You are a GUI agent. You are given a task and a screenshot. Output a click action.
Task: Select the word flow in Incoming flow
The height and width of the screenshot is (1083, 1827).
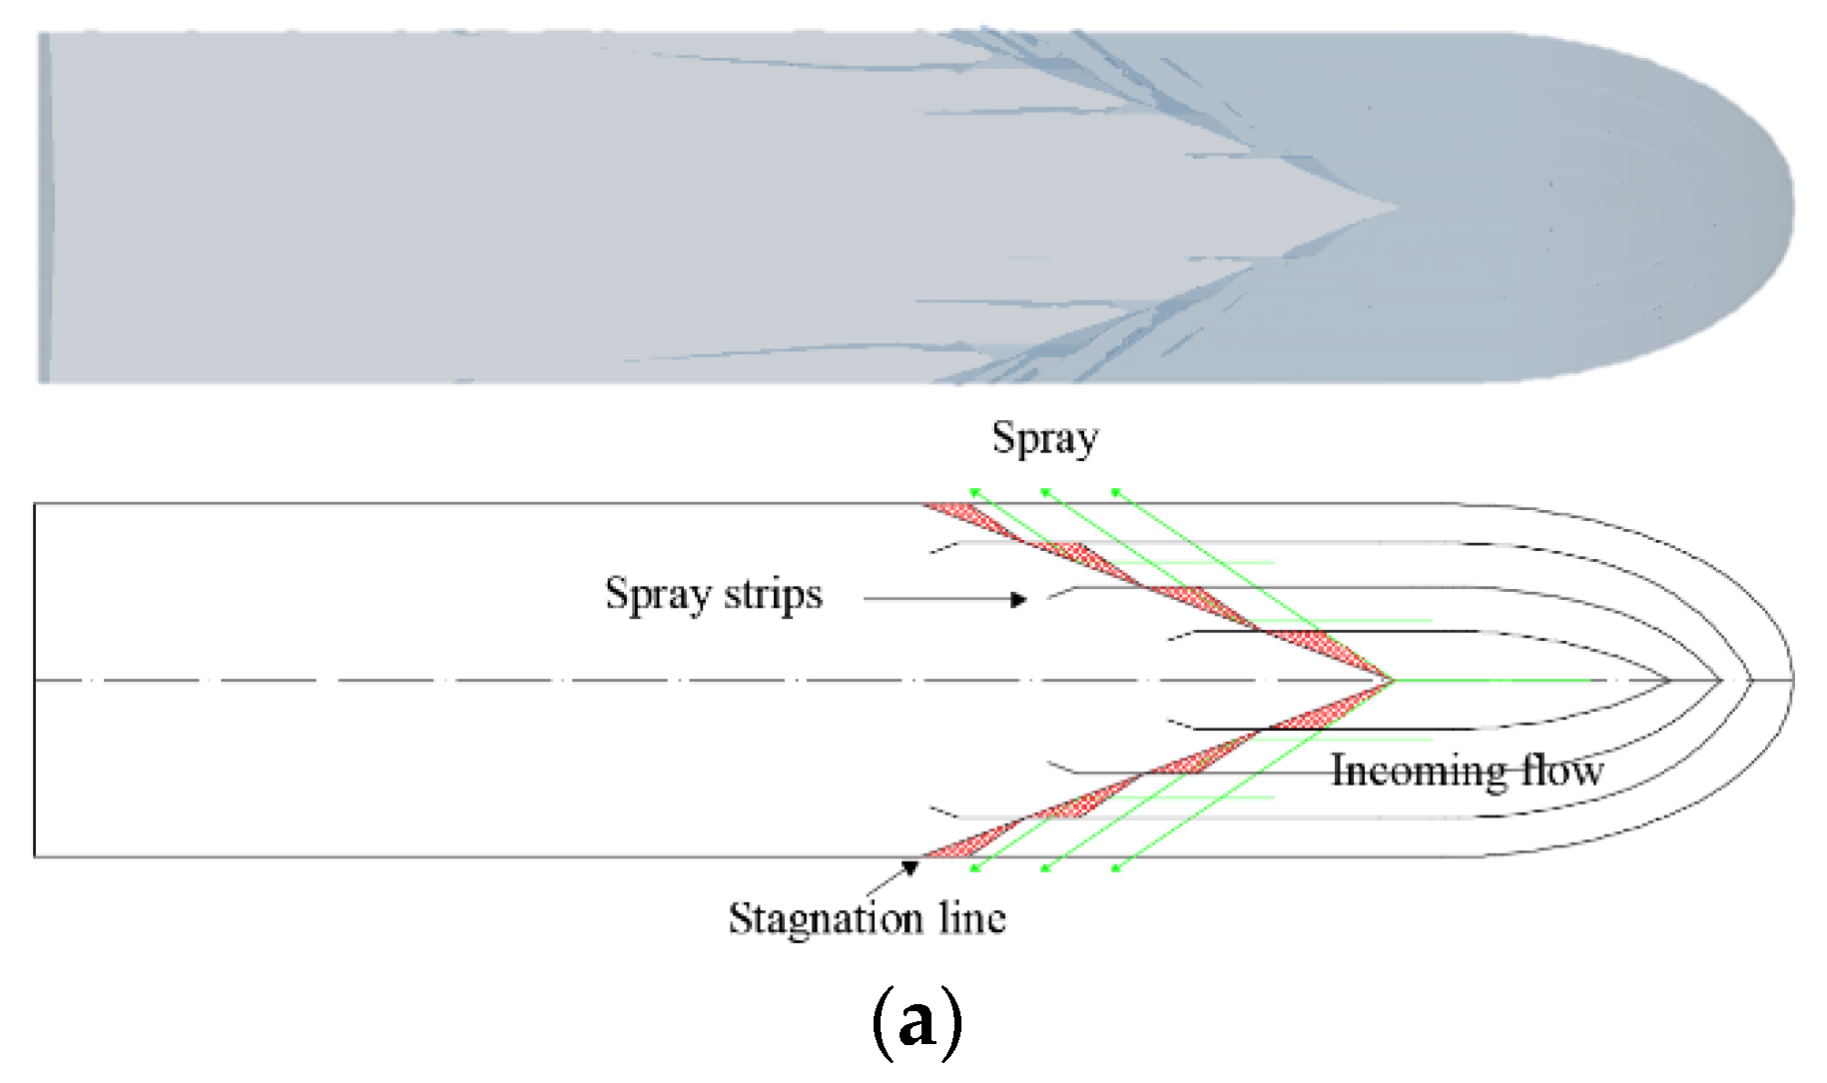tap(1562, 771)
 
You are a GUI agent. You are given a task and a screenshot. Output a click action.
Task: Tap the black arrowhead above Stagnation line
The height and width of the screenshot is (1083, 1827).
tap(911, 867)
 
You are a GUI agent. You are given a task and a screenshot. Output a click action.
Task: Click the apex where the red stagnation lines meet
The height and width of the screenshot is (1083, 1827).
tap(1392, 681)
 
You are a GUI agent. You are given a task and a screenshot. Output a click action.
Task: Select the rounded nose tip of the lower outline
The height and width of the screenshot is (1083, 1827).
tap(1792, 681)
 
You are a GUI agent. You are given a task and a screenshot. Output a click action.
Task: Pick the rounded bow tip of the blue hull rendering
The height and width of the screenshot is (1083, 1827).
tap(1792, 208)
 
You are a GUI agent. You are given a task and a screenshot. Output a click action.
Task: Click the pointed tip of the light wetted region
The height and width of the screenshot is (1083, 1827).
tap(1398, 208)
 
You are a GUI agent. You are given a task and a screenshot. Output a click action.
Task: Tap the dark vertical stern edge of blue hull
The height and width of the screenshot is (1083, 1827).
tap(43, 208)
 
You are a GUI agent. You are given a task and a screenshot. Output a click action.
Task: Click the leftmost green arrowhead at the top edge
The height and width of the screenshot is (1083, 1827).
tap(973, 491)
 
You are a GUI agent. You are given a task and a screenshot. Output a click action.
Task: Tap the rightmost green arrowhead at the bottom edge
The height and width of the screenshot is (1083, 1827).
tap(1116, 869)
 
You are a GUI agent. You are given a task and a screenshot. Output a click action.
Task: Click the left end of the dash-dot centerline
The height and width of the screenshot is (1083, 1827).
tap(38, 681)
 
